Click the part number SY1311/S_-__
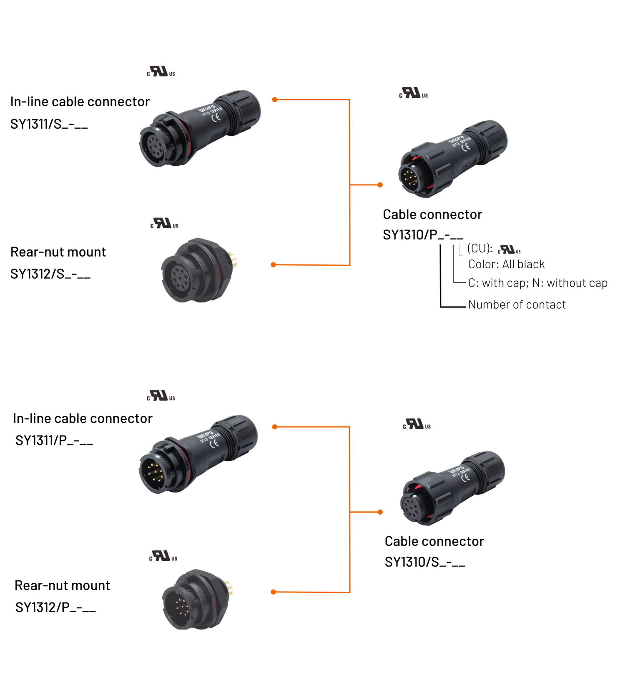[49, 124]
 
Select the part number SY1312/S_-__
[50, 274]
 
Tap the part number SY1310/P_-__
[423, 235]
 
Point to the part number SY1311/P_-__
[54, 440]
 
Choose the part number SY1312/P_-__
[55, 607]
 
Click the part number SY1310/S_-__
[424, 562]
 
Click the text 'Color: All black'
[506, 264]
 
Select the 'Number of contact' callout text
[517, 305]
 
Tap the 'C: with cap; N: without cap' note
[537, 283]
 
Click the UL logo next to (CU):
[509, 250]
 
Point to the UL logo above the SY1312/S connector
[164, 224]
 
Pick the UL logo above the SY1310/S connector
[417, 425]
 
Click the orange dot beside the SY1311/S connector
[275, 100]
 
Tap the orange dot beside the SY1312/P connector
[274, 592]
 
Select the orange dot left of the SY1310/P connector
[380, 185]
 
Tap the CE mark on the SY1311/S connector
[216, 117]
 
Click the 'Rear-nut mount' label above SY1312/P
[62, 585]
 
